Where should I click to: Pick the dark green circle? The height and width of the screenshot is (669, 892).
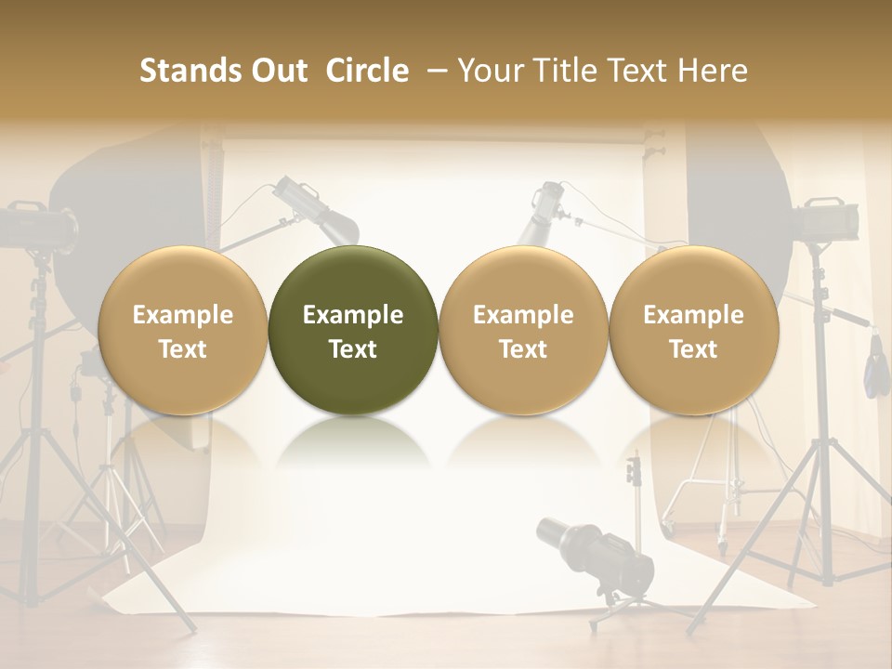point(353,331)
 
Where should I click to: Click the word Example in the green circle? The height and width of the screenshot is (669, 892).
point(353,315)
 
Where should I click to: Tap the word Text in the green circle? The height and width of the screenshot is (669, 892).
point(353,349)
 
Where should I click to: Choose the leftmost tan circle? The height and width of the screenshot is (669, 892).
point(182,331)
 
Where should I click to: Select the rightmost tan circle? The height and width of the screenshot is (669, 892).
point(693,331)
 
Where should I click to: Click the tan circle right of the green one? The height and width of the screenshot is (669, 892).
point(523,331)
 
